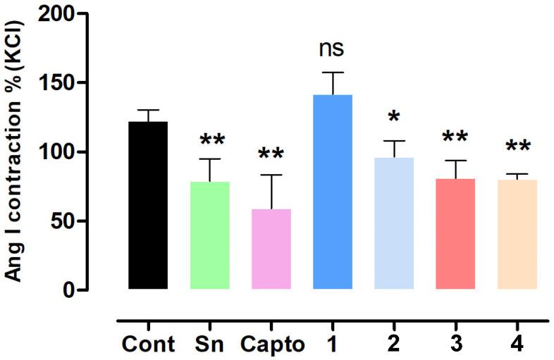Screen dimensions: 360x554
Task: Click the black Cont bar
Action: [x=148, y=205]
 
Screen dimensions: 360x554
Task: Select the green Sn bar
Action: [x=210, y=235]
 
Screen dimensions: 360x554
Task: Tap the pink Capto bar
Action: [x=271, y=249]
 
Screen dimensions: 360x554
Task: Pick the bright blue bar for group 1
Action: [x=333, y=192]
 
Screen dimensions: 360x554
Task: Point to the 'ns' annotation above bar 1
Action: [x=333, y=51]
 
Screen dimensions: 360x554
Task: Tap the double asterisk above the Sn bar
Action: [x=210, y=139]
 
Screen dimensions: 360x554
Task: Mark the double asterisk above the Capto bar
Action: [x=271, y=155]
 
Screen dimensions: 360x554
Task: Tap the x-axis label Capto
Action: [x=271, y=346]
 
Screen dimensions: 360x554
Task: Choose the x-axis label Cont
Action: [x=148, y=346]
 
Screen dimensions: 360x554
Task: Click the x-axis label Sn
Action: [x=210, y=346]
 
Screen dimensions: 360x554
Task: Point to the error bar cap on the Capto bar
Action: [x=271, y=175]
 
